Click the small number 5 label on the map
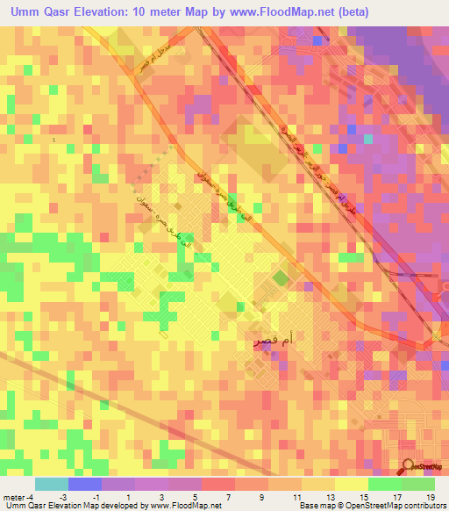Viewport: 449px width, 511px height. click(x=53, y=140)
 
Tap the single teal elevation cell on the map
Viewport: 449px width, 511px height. click(x=368, y=138)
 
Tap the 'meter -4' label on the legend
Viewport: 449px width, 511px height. click(x=18, y=496)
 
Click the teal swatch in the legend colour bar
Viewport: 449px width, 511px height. click(x=52, y=484)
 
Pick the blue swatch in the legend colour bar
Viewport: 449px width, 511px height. click(x=85, y=484)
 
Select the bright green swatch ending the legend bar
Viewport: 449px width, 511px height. click(x=418, y=484)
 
